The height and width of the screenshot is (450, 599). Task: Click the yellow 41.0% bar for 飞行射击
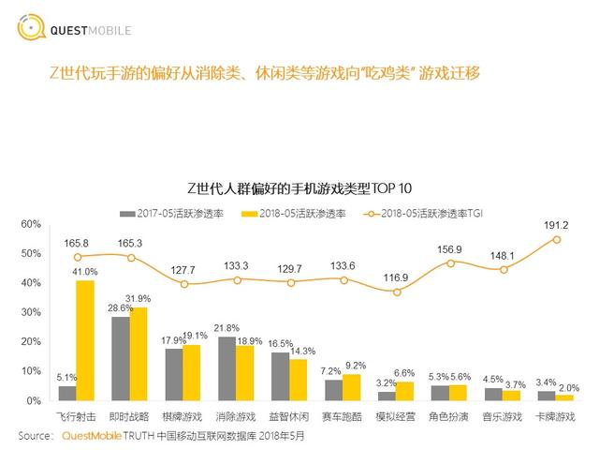pyautogui.click(x=85, y=340)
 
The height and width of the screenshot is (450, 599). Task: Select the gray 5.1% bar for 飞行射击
pyautogui.click(x=67, y=393)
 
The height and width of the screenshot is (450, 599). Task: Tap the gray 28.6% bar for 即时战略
pyautogui.click(x=121, y=358)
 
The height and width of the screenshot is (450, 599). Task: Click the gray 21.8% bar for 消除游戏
pyautogui.click(x=226, y=368)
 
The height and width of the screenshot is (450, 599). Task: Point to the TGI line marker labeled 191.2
pyautogui.click(x=557, y=239)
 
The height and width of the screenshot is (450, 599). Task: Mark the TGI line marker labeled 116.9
pyautogui.click(x=397, y=292)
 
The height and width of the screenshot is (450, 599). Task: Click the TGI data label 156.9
pyautogui.click(x=451, y=249)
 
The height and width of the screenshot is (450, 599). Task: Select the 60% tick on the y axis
pyautogui.click(x=32, y=224)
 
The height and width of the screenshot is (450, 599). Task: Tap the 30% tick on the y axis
pyautogui.click(x=32, y=312)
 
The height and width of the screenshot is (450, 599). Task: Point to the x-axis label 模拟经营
pyautogui.click(x=396, y=414)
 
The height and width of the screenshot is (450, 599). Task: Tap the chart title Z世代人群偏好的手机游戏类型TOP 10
pyautogui.click(x=299, y=187)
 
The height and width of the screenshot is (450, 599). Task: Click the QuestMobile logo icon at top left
pyautogui.click(x=32, y=27)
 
